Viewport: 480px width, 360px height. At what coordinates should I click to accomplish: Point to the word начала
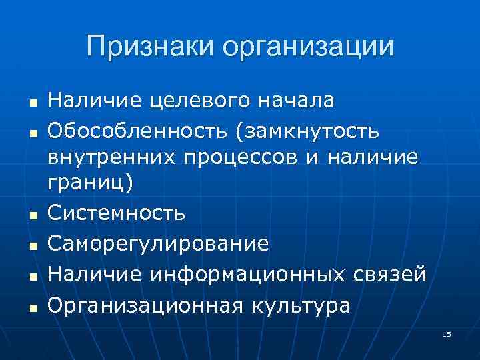299,101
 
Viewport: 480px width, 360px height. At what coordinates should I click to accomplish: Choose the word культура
302,305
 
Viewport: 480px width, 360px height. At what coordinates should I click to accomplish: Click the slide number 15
447,333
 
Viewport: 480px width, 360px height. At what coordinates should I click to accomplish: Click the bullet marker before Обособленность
31,133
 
